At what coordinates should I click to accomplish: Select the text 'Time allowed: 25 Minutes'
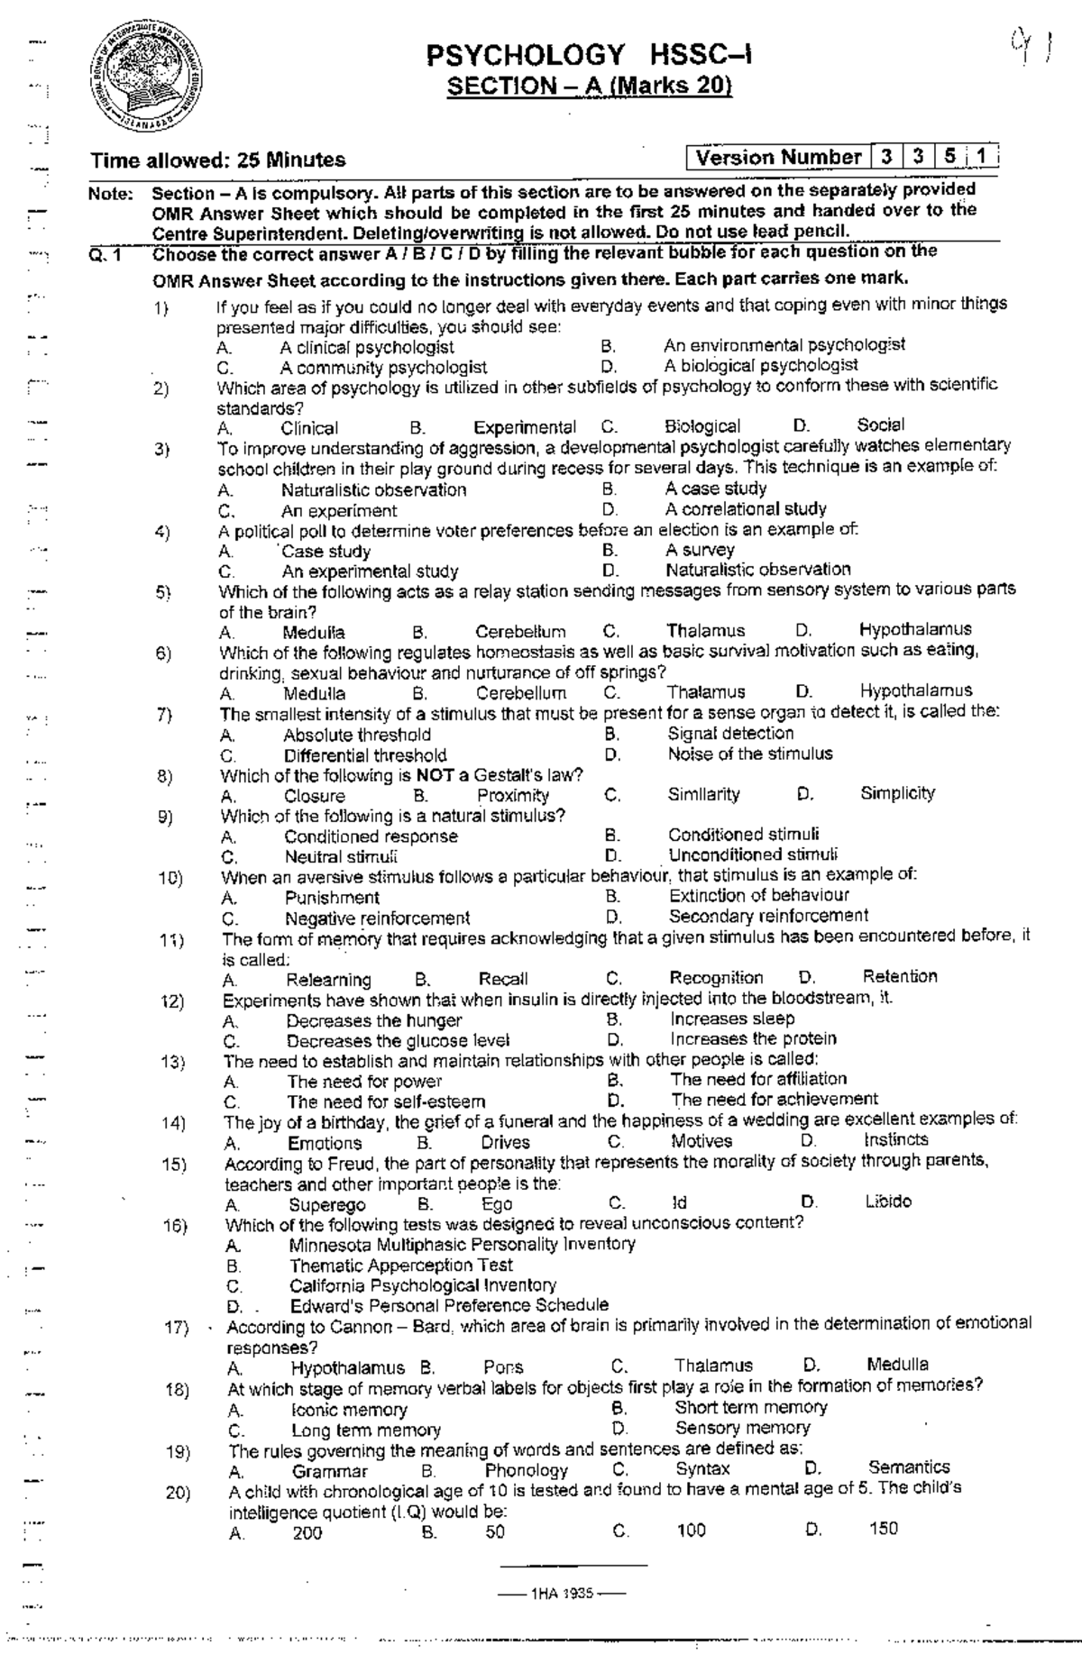pyautogui.click(x=217, y=160)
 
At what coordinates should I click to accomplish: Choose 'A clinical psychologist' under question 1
pyautogui.click(x=367, y=347)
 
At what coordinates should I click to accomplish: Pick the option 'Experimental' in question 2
pyautogui.click(x=525, y=427)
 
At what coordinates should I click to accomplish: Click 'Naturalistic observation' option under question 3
pyautogui.click(x=374, y=490)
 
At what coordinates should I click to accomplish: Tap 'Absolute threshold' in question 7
pyautogui.click(x=357, y=735)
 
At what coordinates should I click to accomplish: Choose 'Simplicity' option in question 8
pyautogui.click(x=897, y=793)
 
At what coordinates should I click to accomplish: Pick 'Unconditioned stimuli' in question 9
pyautogui.click(x=753, y=854)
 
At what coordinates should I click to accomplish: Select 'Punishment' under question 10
pyautogui.click(x=332, y=898)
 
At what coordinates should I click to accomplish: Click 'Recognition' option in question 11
pyautogui.click(x=716, y=978)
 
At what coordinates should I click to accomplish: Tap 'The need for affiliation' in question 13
pyautogui.click(x=758, y=1079)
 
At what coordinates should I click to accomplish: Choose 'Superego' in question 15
pyautogui.click(x=327, y=1205)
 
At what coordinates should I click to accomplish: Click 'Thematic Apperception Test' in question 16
pyautogui.click(x=401, y=1265)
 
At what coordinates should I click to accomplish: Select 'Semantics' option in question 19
pyautogui.click(x=909, y=1467)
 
